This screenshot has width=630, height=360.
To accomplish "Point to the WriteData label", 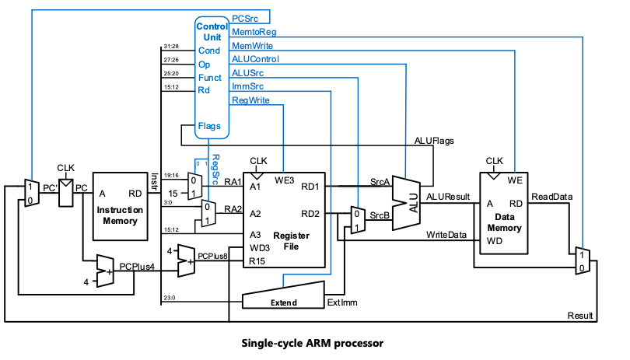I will (x=446, y=235).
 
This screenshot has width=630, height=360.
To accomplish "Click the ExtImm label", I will (x=342, y=302).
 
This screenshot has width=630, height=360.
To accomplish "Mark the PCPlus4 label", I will (x=137, y=267).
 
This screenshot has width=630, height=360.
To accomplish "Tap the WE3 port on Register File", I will (x=285, y=182).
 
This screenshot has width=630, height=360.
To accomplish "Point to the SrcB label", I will (x=379, y=215).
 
